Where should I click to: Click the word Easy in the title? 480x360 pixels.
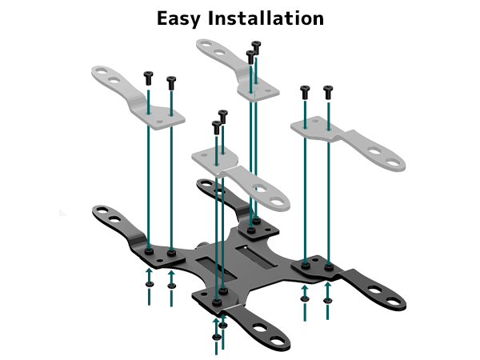[x=178, y=19]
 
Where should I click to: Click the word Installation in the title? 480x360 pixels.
[x=266, y=18]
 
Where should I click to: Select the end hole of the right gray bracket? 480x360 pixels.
[x=393, y=162]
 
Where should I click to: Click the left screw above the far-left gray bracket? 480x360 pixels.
[x=149, y=78]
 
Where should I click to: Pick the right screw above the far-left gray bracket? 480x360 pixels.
[x=171, y=83]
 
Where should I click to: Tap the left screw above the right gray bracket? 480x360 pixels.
[x=305, y=92]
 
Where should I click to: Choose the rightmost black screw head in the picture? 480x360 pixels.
[x=328, y=92]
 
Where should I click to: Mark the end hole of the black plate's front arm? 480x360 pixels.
[x=278, y=340]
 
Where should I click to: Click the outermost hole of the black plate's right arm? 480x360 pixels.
[x=393, y=301]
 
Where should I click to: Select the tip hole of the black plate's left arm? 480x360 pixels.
[x=102, y=210]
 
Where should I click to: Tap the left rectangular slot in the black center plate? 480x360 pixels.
[x=216, y=270]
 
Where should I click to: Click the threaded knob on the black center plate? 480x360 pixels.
[x=203, y=246]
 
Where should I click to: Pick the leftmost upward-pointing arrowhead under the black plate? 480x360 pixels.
[x=149, y=270]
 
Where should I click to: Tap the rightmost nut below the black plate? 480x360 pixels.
[x=327, y=300]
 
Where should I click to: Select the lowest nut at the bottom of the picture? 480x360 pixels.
[x=217, y=337]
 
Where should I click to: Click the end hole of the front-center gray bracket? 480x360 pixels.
[x=278, y=202]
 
